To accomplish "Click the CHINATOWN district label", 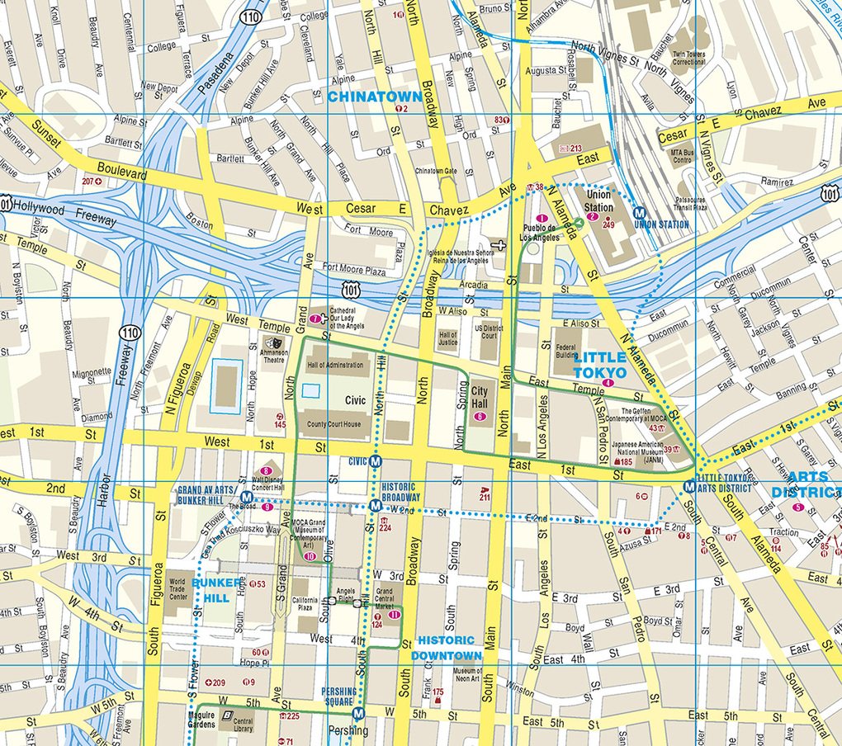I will click(x=375, y=97).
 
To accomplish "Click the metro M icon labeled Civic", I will click(x=376, y=461).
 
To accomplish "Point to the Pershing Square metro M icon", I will click(x=357, y=714).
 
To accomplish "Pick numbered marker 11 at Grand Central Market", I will click(x=394, y=614).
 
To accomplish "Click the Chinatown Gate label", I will click(x=435, y=171).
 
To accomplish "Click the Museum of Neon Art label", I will click(x=466, y=676).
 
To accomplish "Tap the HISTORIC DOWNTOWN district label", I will click(x=446, y=648).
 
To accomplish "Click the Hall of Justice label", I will click(x=448, y=338).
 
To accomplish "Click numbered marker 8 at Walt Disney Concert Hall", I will click(x=266, y=471).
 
